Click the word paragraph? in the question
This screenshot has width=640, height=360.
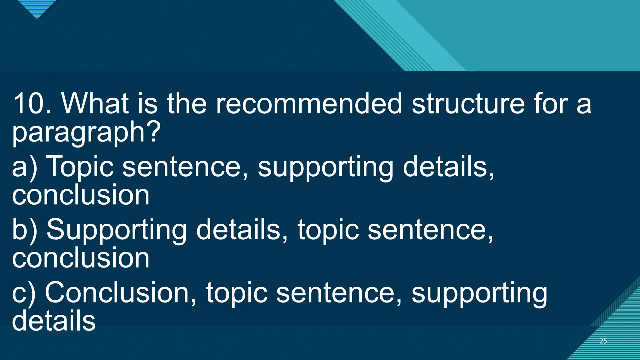pyautogui.click(x=86, y=133)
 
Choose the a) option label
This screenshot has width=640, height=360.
pyautogui.click(x=24, y=167)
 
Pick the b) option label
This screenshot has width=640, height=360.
pyautogui.click(x=24, y=230)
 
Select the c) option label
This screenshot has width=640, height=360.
pyautogui.click(x=24, y=293)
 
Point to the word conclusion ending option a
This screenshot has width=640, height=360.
pyautogui.click(x=81, y=195)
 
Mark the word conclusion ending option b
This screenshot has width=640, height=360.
pyautogui.click(x=81, y=258)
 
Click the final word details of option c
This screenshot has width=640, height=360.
pyautogui.click(x=54, y=321)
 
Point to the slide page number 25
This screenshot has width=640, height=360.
pyautogui.click(x=603, y=341)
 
